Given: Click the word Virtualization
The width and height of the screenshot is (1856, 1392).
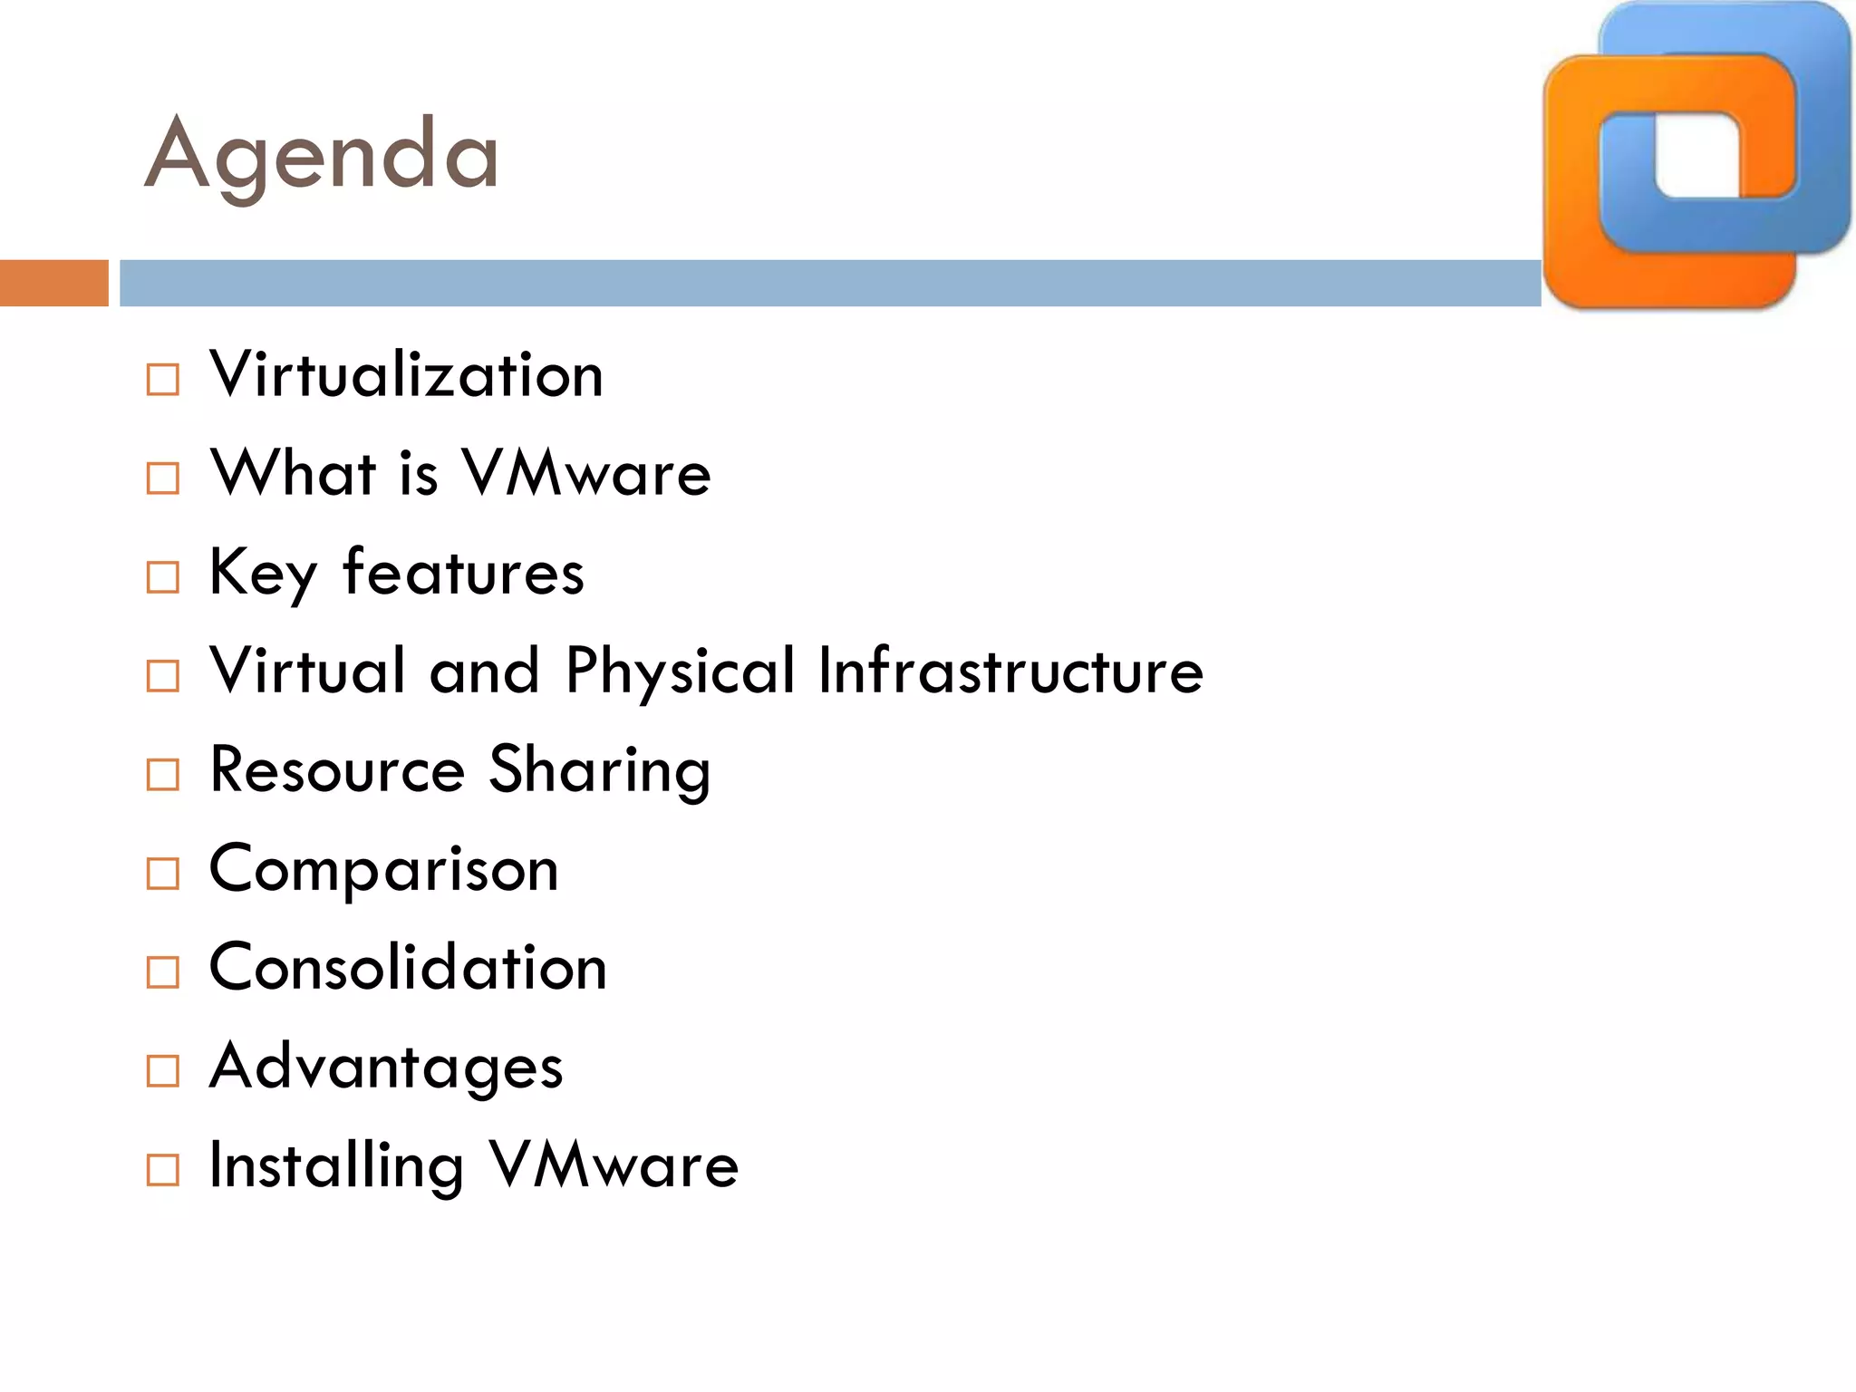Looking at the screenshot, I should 406,375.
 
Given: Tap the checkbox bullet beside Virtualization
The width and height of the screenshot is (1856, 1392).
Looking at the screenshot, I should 163,380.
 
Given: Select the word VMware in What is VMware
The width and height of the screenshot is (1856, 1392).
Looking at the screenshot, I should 586,473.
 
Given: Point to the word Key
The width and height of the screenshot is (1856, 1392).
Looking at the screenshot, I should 263,573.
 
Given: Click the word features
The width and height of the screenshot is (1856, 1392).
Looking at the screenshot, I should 463,573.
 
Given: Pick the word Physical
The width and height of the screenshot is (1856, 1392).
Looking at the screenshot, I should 680,672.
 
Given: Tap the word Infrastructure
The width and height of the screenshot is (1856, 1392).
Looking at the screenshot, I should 1010,671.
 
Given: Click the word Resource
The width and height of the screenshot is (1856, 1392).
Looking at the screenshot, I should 337,769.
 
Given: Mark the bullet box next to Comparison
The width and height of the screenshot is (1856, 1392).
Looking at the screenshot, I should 163,874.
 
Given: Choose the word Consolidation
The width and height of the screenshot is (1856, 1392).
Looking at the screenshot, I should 408,967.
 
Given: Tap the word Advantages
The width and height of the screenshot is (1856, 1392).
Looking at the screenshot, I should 386,1067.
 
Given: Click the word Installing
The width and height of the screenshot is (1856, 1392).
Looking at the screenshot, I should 336,1166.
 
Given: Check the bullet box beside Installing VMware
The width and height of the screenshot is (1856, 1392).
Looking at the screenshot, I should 163,1170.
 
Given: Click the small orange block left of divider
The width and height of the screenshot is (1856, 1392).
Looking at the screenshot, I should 53,283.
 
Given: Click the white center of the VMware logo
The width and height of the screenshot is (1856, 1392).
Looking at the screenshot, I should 1697,154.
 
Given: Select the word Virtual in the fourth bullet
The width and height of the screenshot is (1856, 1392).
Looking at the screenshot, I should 307,671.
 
